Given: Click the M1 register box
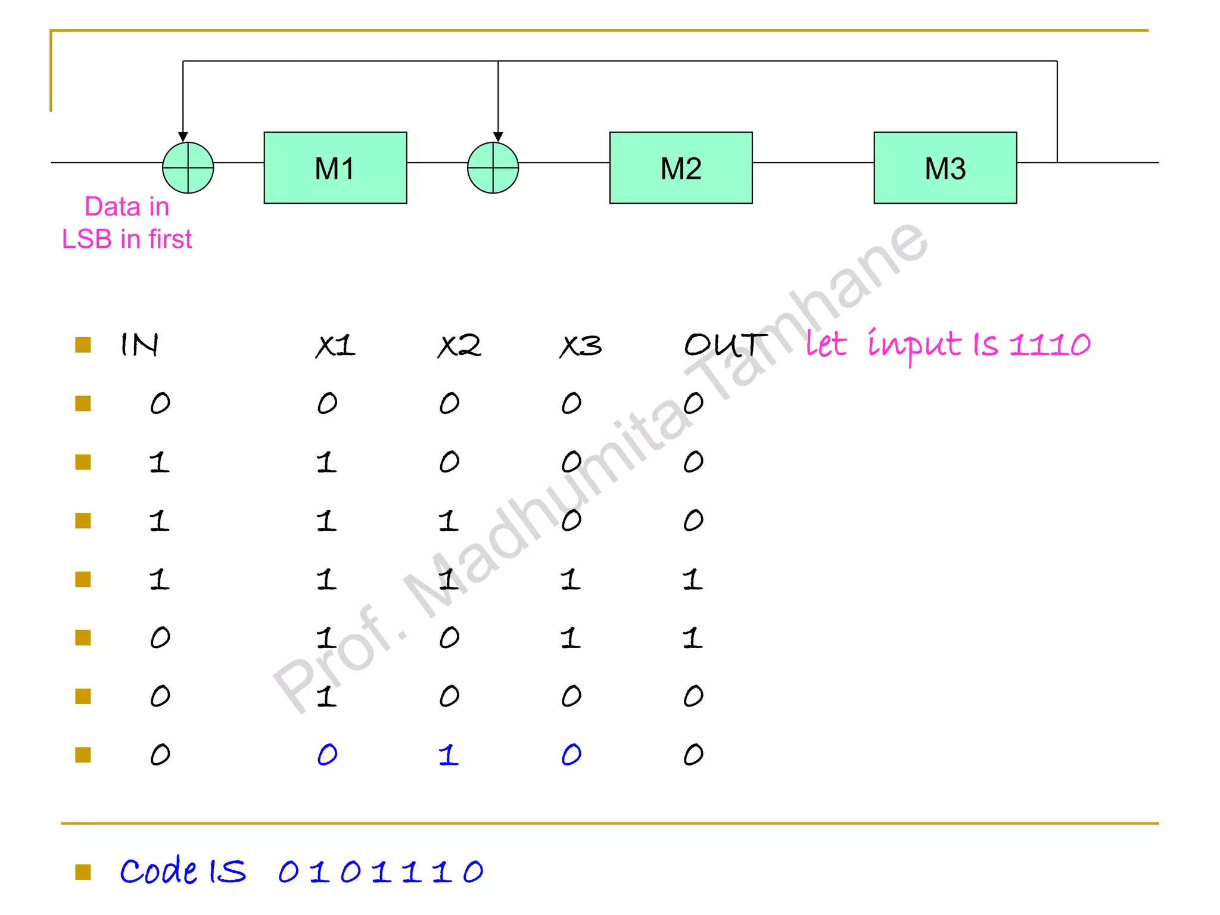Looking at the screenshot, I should coord(335,168).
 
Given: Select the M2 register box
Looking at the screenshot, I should coord(680,168).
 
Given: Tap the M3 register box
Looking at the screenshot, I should coord(945,168).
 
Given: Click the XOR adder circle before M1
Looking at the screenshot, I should coord(188,168).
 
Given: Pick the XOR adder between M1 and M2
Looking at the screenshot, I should coord(493,168).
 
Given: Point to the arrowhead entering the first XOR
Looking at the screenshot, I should coord(183,137).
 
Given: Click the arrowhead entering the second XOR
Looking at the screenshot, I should coord(498,137).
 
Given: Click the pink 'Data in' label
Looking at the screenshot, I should coord(127,207).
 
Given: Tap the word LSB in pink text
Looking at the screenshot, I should coord(87,239).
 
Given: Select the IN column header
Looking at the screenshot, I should coord(139,345).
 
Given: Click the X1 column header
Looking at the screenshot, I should coord(335,346).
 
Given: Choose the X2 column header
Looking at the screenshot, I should coord(459,346).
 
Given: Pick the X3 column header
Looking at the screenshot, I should coord(581,346).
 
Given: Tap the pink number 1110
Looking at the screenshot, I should coord(1050,345).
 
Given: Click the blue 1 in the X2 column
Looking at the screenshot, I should coord(449,755).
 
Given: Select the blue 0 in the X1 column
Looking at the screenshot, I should coord(327,755).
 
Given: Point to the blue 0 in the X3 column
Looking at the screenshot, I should coord(571,755).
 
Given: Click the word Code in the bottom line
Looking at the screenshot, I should coord(158,872).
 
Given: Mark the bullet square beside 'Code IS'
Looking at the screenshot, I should coord(83,872).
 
